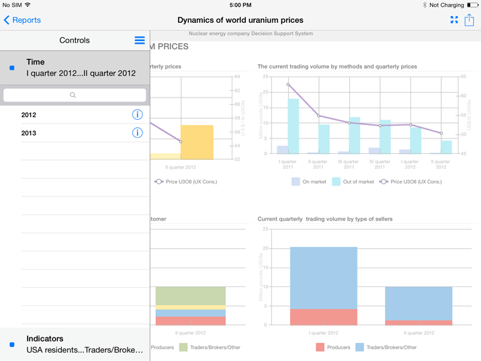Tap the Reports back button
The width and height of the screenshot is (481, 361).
pyautogui.click(x=22, y=20)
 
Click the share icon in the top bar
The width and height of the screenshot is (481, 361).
pyautogui.click(x=469, y=20)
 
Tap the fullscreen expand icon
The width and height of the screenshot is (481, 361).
pyautogui.click(x=454, y=20)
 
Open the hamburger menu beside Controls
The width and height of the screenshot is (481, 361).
pyautogui.click(x=140, y=40)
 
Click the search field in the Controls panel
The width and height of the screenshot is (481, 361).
pyautogui.click(x=75, y=95)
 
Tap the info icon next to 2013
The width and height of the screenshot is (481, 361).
pyautogui.click(x=137, y=132)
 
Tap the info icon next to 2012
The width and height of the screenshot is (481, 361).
pyautogui.click(x=137, y=114)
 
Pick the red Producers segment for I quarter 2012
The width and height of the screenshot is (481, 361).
pyautogui.click(x=323, y=317)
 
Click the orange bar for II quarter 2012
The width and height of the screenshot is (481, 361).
pyautogui.click(x=197, y=142)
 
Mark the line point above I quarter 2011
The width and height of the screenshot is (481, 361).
pyautogui.click(x=288, y=85)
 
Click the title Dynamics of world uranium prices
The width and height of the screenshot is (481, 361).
pyautogui.click(x=240, y=20)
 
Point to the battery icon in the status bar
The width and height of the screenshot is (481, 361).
pyautogui.click(x=472, y=5)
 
